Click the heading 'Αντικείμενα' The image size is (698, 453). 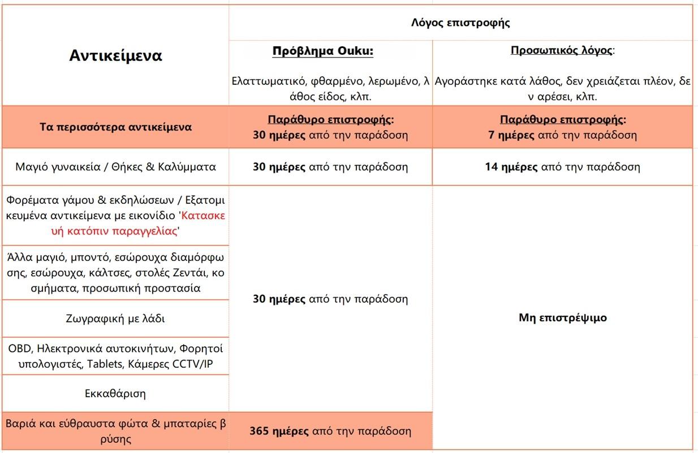click(115, 56)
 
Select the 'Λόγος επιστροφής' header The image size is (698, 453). click(460, 23)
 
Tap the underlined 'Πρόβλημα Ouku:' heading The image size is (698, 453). click(323, 51)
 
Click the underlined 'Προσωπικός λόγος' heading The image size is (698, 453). click(561, 50)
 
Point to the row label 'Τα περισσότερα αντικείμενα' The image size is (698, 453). click(115, 127)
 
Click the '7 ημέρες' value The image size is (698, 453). click(510, 135)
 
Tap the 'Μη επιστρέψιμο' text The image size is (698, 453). click(562, 317)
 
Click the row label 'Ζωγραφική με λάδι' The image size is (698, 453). click(115, 319)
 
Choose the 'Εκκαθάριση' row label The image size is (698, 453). click(115, 393)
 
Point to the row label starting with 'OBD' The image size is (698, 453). click(115, 356)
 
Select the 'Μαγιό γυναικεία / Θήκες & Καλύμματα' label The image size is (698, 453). click(115, 167)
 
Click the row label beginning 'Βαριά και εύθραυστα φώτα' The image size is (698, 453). click(115, 431)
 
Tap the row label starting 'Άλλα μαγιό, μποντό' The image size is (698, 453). click(115, 272)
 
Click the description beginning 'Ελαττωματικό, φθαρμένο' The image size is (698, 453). click(331, 89)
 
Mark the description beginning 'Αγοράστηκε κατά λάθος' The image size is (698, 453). click(562, 89)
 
